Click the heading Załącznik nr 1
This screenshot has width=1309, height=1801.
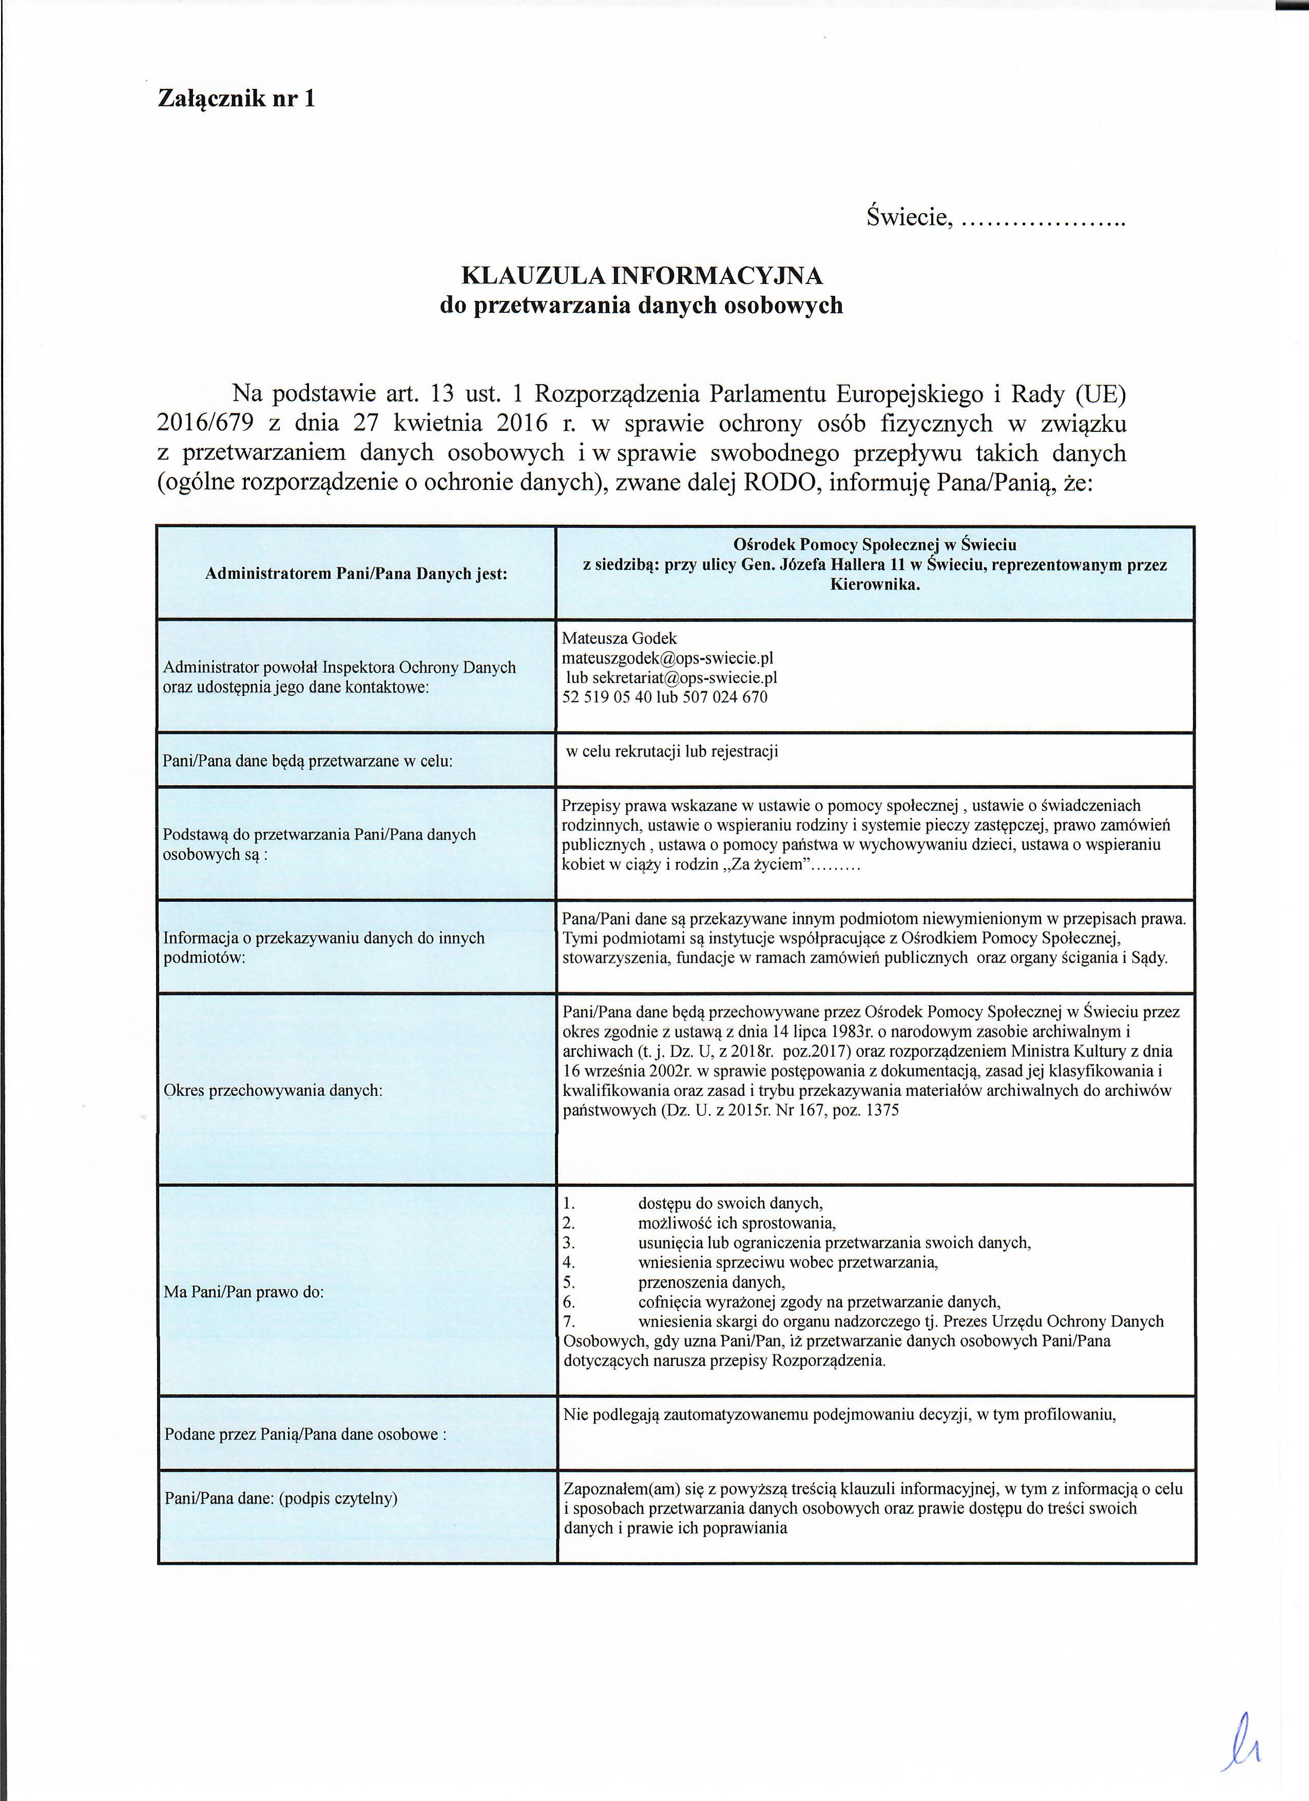click(x=237, y=99)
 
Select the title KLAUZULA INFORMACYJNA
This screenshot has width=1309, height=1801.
click(x=641, y=276)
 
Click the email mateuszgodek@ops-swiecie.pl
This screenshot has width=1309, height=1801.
click(x=667, y=658)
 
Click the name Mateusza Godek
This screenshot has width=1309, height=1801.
click(x=619, y=638)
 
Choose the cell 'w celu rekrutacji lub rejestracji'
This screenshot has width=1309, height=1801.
click(x=671, y=751)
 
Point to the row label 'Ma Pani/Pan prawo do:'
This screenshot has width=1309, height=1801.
click(x=244, y=1292)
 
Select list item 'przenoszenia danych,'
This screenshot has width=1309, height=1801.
click(x=711, y=1282)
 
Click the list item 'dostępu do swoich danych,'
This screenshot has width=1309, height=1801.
click(x=730, y=1204)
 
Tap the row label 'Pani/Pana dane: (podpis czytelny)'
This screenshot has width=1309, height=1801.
click(x=280, y=1499)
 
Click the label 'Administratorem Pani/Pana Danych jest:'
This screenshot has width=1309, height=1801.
click(x=356, y=573)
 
